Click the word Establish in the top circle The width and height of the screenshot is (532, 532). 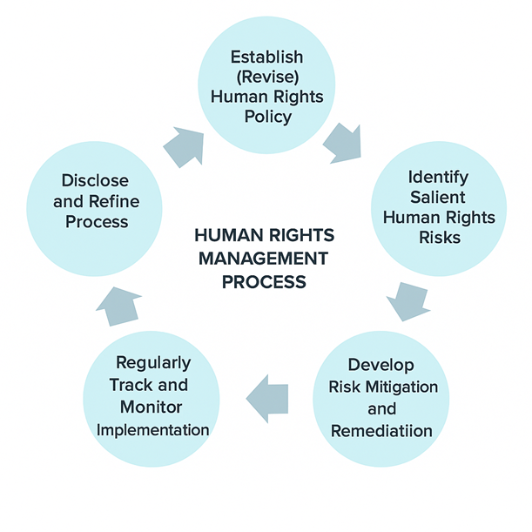pos(266,57)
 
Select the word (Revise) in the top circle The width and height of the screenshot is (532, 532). pos(266,77)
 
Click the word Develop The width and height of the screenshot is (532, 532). pos(380,365)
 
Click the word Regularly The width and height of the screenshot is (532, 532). pos(153,362)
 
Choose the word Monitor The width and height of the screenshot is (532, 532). pos(153,407)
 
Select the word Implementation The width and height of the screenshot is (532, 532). pos(153,429)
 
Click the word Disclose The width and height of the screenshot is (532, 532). pos(95,180)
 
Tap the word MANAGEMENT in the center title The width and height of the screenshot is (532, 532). pos(264,259)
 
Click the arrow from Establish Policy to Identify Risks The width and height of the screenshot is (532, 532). pos(341,143)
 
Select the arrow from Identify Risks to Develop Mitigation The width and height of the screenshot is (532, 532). pos(405,299)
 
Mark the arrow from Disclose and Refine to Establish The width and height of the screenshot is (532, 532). pos(184,144)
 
